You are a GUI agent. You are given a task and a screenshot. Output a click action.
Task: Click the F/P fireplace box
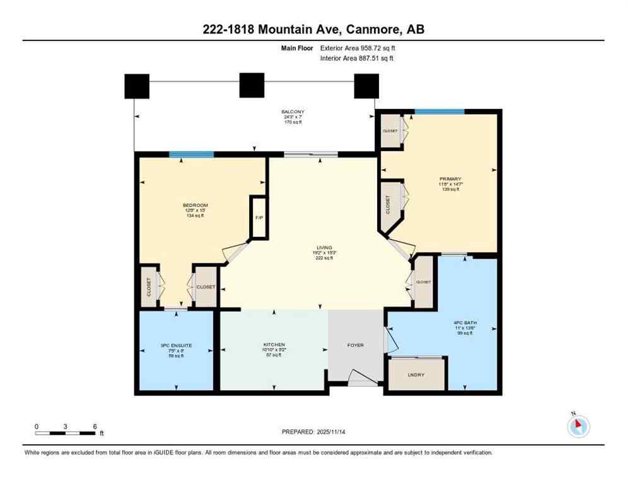(259, 217)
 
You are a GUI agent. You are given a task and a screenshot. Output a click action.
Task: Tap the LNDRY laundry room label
(416, 375)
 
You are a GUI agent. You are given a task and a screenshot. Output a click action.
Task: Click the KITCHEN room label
(274, 345)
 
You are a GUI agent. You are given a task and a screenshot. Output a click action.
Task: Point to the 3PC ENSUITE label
(176, 345)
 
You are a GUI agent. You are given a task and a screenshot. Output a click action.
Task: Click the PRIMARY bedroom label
(450, 179)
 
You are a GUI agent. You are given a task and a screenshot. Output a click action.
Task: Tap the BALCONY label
(292, 112)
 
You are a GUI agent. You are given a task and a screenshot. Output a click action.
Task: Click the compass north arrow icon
(578, 426)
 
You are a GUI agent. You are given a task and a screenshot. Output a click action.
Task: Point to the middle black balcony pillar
(252, 85)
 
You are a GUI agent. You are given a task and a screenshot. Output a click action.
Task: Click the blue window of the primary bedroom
(439, 112)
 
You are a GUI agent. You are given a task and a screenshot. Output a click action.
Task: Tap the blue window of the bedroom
(191, 154)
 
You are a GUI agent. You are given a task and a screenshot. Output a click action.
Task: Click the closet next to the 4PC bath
(423, 282)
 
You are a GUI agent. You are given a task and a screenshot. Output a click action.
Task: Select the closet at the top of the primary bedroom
(390, 131)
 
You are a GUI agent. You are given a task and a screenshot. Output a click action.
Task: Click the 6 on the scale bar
(95, 427)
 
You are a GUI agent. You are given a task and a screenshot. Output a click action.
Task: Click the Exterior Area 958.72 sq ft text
(358, 47)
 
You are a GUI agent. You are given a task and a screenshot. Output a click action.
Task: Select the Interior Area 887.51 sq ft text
(357, 59)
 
